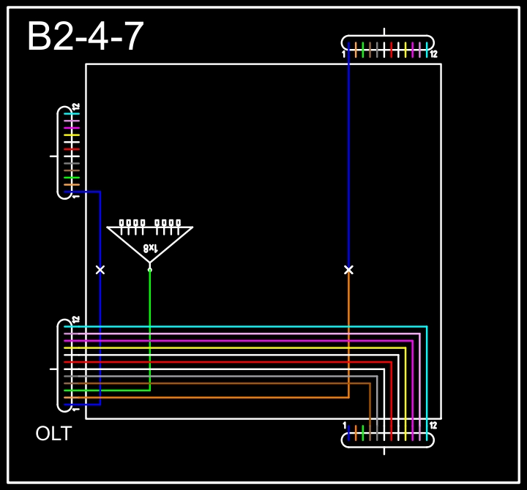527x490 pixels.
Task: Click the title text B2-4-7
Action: coord(85,37)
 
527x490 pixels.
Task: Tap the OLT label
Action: coord(53,434)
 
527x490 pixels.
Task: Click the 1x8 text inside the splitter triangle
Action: coord(149,248)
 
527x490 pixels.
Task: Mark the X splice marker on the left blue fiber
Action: coord(100,270)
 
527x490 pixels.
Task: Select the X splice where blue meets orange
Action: coord(348,270)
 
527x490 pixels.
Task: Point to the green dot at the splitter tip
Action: coord(150,270)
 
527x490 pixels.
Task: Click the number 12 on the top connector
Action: coord(433,54)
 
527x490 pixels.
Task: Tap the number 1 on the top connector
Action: coord(343,54)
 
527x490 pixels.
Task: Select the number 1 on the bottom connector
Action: coord(344,425)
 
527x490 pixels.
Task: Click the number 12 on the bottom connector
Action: coord(433,425)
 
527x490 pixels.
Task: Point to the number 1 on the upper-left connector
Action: coord(75,196)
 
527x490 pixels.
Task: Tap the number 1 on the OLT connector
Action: coord(75,409)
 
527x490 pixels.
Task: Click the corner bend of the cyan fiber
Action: coord(426,327)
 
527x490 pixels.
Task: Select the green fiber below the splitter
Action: coord(150,329)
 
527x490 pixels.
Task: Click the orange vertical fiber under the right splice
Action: coord(348,336)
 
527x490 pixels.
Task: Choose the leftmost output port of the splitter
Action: coord(122,222)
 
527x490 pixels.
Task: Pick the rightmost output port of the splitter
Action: coord(177,222)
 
